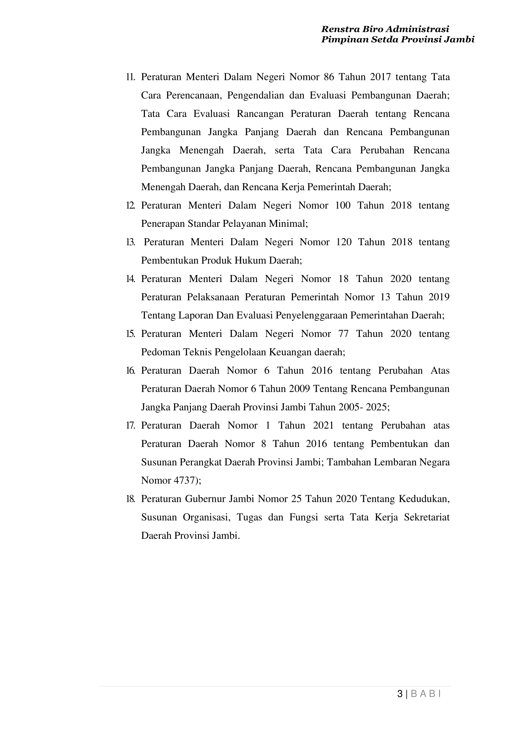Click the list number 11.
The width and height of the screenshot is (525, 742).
(131, 77)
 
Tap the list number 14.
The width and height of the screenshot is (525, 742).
(131, 279)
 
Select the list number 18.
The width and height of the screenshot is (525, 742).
(131, 499)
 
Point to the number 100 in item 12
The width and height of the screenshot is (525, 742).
(343, 205)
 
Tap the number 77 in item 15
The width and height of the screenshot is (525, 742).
(343, 334)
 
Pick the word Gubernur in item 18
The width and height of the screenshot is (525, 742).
(205, 499)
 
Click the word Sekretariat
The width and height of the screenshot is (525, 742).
(427, 517)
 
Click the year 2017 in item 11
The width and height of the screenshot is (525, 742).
(380, 77)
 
